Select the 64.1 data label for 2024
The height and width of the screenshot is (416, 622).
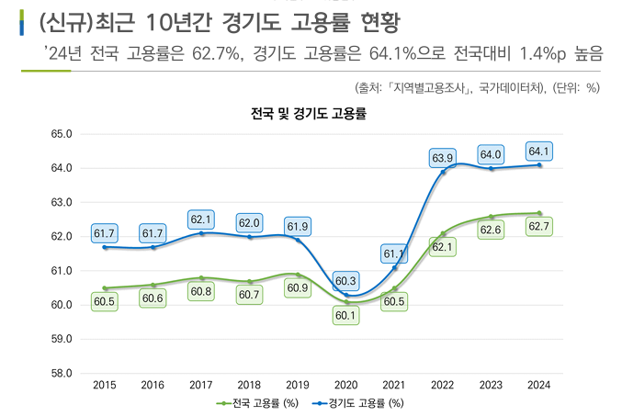click(539, 152)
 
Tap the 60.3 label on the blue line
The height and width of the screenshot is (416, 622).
click(347, 281)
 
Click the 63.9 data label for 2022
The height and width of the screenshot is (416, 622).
click(443, 159)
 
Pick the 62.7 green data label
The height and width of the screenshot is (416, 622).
click(539, 226)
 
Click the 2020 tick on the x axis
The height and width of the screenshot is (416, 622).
click(346, 386)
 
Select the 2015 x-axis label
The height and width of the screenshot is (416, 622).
click(105, 386)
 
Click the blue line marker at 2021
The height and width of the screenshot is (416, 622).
click(395, 267)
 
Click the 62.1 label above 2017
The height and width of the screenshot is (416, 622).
click(202, 219)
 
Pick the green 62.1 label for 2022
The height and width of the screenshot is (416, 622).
click(443, 247)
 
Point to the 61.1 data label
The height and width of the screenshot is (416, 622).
click(395, 253)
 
